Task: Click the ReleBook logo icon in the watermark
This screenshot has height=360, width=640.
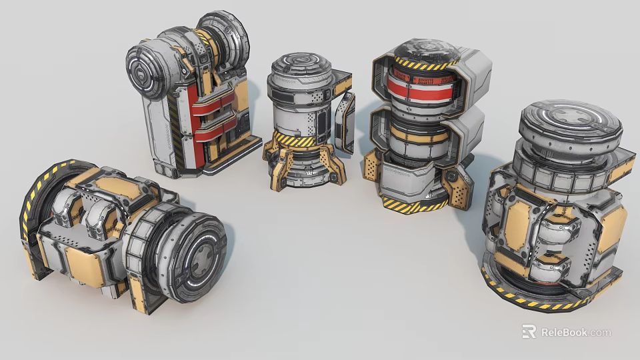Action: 529,331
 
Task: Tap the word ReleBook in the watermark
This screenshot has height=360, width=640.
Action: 563,332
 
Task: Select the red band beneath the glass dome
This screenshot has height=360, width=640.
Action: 419,86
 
